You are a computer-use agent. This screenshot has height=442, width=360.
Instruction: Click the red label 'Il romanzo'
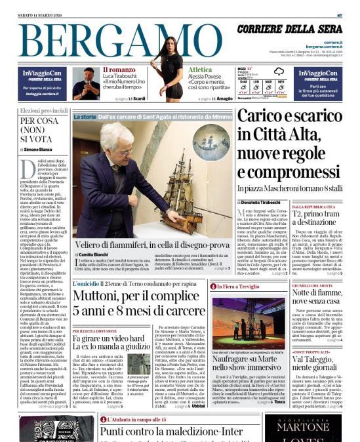(119, 70)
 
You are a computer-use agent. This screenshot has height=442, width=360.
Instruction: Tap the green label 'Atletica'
(200, 70)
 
